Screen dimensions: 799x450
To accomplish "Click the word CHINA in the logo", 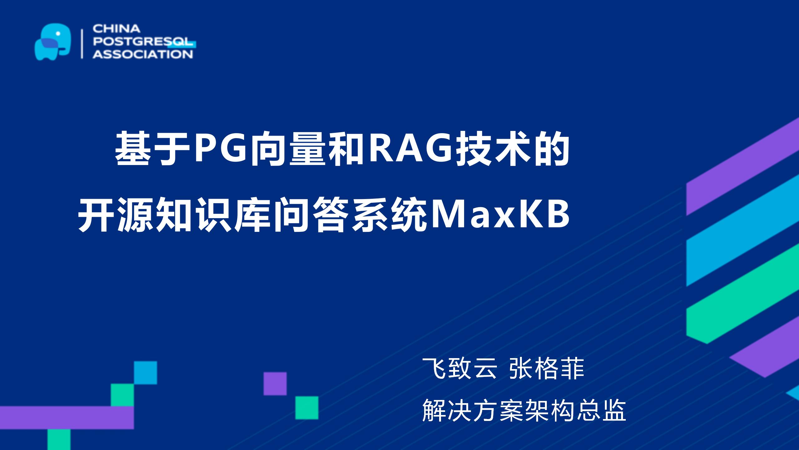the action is click(116, 29).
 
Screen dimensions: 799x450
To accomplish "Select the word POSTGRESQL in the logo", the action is click(143, 42).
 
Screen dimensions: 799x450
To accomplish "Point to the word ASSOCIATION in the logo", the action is click(143, 54).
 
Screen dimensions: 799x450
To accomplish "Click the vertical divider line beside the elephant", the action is click(82, 44).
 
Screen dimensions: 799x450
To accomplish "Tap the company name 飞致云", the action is click(459, 369).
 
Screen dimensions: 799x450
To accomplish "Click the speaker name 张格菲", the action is click(547, 369).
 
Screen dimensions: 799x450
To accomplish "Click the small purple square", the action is click(275, 383).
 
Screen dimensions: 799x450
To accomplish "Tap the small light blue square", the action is click(145, 373).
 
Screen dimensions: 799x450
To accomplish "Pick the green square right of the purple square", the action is click(307, 408).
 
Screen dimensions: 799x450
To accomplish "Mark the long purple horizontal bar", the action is click(67, 418).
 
